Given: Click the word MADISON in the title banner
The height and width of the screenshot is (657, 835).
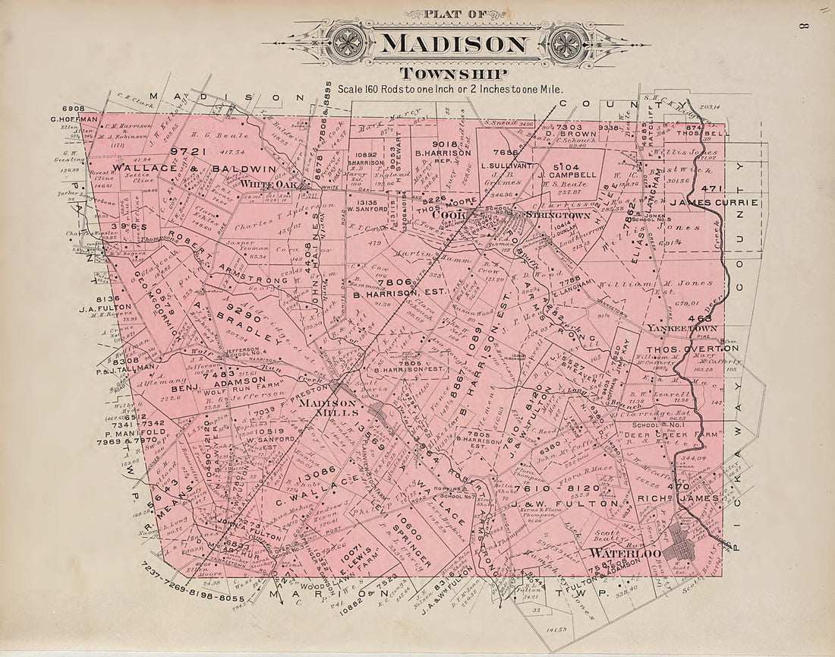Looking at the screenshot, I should tap(453, 43).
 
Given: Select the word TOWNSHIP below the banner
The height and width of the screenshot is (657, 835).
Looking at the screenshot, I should tap(453, 73).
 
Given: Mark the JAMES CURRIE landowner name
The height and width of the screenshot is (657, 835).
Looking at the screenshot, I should tap(714, 202).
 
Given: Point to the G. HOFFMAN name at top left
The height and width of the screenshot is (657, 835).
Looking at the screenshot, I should tap(74, 119).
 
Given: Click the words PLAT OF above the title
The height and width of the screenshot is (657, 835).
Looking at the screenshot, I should tap(454, 14).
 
